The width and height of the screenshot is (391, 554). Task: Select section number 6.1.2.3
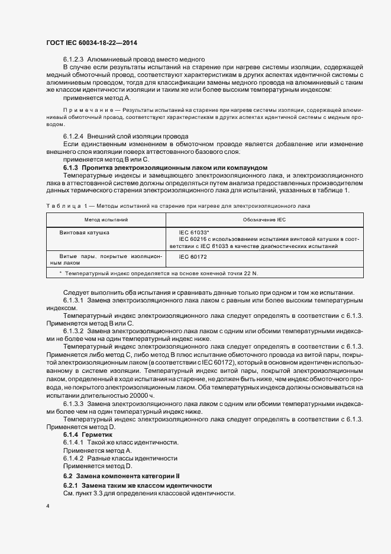75,59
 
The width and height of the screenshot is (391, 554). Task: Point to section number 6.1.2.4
75,136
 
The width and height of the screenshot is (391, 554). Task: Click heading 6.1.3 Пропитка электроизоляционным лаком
165,168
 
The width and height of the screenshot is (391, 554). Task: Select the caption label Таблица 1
63,205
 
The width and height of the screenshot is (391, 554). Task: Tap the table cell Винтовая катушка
84,233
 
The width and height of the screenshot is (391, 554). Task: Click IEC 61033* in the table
193,233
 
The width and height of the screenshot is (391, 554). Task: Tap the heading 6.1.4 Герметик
87,434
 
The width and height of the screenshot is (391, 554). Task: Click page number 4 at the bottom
47,507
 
